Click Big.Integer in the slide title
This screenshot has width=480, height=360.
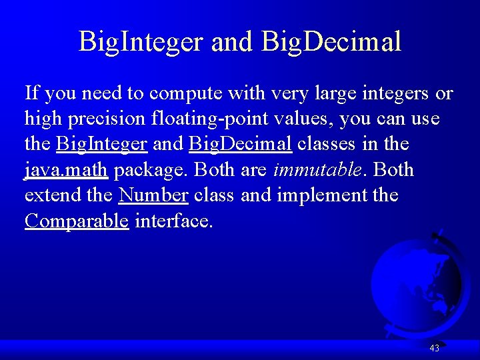(x=141, y=41)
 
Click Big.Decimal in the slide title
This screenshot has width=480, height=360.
(x=332, y=41)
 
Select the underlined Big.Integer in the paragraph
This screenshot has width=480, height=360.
(x=102, y=144)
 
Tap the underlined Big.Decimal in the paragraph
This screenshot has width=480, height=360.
(x=241, y=144)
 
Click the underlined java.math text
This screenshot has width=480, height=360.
(x=66, y=170)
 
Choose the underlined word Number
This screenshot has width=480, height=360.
(x=153, y=195)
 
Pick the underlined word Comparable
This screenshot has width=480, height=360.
(x=77, y=221)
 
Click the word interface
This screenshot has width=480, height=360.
(x=174, y=221)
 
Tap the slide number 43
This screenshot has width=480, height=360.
(x=435, y=348)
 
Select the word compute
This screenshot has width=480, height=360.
(x=177, y=93)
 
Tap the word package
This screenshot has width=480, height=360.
(x=151, y=170)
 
